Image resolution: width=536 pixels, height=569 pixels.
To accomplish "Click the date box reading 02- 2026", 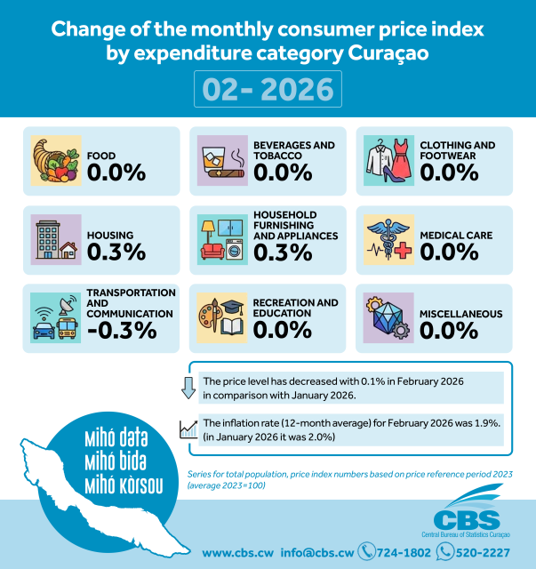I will point(268,90).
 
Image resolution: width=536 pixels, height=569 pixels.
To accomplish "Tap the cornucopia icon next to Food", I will point(56,161).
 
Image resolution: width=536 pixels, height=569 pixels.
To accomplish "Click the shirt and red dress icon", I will point(389,161).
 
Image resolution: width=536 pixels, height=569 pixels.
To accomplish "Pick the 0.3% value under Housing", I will point(116,252).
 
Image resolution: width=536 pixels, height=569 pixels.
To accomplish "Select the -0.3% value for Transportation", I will point(121,330).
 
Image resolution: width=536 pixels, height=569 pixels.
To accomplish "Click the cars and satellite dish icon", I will point(56,317).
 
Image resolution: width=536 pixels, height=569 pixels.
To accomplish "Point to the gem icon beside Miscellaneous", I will point(389,317).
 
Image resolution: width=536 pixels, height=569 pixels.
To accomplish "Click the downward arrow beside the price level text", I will point(188,388).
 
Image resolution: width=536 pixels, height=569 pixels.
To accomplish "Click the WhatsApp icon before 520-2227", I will point(446,552).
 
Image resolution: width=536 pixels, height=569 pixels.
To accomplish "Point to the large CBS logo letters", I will point(467,519).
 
